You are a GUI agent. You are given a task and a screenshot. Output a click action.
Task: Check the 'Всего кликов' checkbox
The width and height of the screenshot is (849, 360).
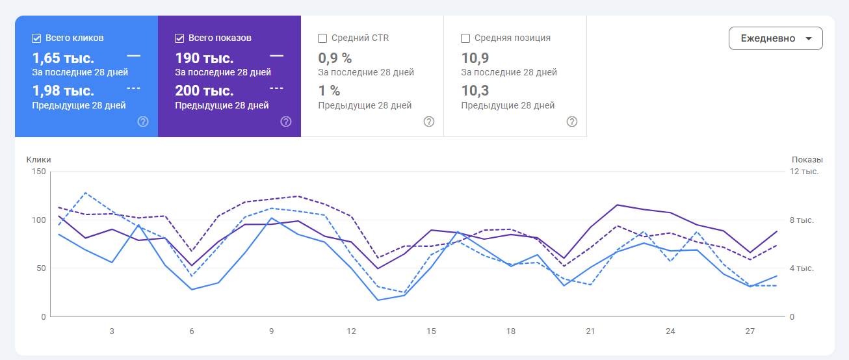pos(36,38)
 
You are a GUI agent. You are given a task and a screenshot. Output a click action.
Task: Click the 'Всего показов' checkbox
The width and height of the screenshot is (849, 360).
pos(179,38)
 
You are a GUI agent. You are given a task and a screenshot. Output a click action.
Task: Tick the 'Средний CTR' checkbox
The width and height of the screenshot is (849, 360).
pos(322,38)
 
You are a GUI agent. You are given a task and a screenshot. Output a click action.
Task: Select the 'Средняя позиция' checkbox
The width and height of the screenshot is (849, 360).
pos(465,38)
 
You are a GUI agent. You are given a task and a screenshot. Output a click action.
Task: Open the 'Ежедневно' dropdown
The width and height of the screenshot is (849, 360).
pos(776,38)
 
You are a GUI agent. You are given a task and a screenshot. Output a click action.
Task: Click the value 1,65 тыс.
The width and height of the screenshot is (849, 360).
pos(63,58)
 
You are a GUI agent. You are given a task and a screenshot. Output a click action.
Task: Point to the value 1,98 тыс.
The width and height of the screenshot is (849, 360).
pos(63,91)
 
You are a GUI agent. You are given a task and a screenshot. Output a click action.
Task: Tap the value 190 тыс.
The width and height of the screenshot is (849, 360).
pos(204,58)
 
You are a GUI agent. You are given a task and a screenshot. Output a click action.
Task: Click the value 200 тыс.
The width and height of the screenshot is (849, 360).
pos(204,91)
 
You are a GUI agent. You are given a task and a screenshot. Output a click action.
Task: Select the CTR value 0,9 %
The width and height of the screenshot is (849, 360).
pos(334,58)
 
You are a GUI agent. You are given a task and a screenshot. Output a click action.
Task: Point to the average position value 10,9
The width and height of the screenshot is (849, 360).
pos(475,58)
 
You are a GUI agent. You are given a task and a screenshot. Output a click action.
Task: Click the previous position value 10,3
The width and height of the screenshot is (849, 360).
pos(475,91)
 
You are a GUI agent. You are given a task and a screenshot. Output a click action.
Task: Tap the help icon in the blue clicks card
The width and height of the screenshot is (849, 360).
pos(143,122)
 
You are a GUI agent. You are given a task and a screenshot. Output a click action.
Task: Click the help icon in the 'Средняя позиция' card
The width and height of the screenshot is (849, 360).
pos(572,122)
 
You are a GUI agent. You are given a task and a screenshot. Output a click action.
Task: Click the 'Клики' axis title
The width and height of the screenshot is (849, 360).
pos(38,160)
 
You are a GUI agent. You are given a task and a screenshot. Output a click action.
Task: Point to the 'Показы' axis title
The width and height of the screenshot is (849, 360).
pos(807,160)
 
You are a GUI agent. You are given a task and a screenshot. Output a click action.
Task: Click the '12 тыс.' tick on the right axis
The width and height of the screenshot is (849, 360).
pos(804,172)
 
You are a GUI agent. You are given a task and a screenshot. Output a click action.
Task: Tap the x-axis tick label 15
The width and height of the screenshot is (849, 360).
pos(431,331)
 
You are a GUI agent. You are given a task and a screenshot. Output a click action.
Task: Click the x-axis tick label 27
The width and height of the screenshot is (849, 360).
pos(750,331)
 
